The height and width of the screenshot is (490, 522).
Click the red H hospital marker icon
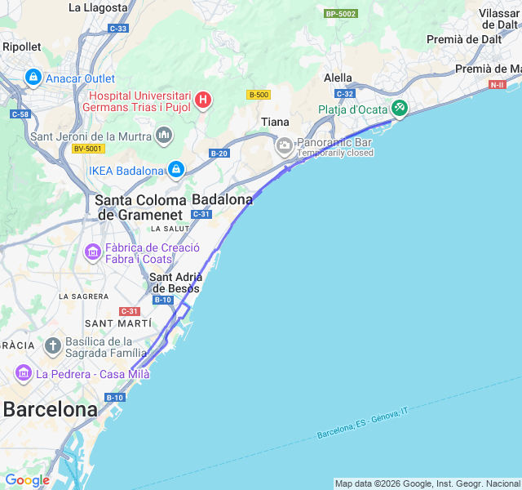point(202,100)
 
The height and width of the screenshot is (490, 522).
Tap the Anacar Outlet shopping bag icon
point(33,78)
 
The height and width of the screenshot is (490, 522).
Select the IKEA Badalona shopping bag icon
point(175,170)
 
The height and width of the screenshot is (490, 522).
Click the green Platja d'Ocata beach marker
point(399,108)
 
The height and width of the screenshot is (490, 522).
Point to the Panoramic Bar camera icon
point(285,147)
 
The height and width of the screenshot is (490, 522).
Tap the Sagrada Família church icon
point(53,346)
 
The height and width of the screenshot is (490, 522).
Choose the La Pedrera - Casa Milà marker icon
point(24,374)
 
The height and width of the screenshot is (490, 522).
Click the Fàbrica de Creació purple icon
point(93,253)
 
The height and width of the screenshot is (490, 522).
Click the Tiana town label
point(275,122)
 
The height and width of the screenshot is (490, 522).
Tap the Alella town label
point(338,78)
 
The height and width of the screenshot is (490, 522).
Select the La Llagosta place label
point(98,7)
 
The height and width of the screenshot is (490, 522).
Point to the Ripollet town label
point(21,47)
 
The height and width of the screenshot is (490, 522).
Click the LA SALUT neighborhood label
point(170,229)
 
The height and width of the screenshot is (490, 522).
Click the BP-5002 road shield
point(340,14)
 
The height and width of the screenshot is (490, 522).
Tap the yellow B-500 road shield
point(258,95)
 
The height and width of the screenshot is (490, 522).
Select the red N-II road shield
point(497,84)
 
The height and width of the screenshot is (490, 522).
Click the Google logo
point(27,480)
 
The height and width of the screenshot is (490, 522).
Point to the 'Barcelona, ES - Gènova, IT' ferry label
point(362,422)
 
